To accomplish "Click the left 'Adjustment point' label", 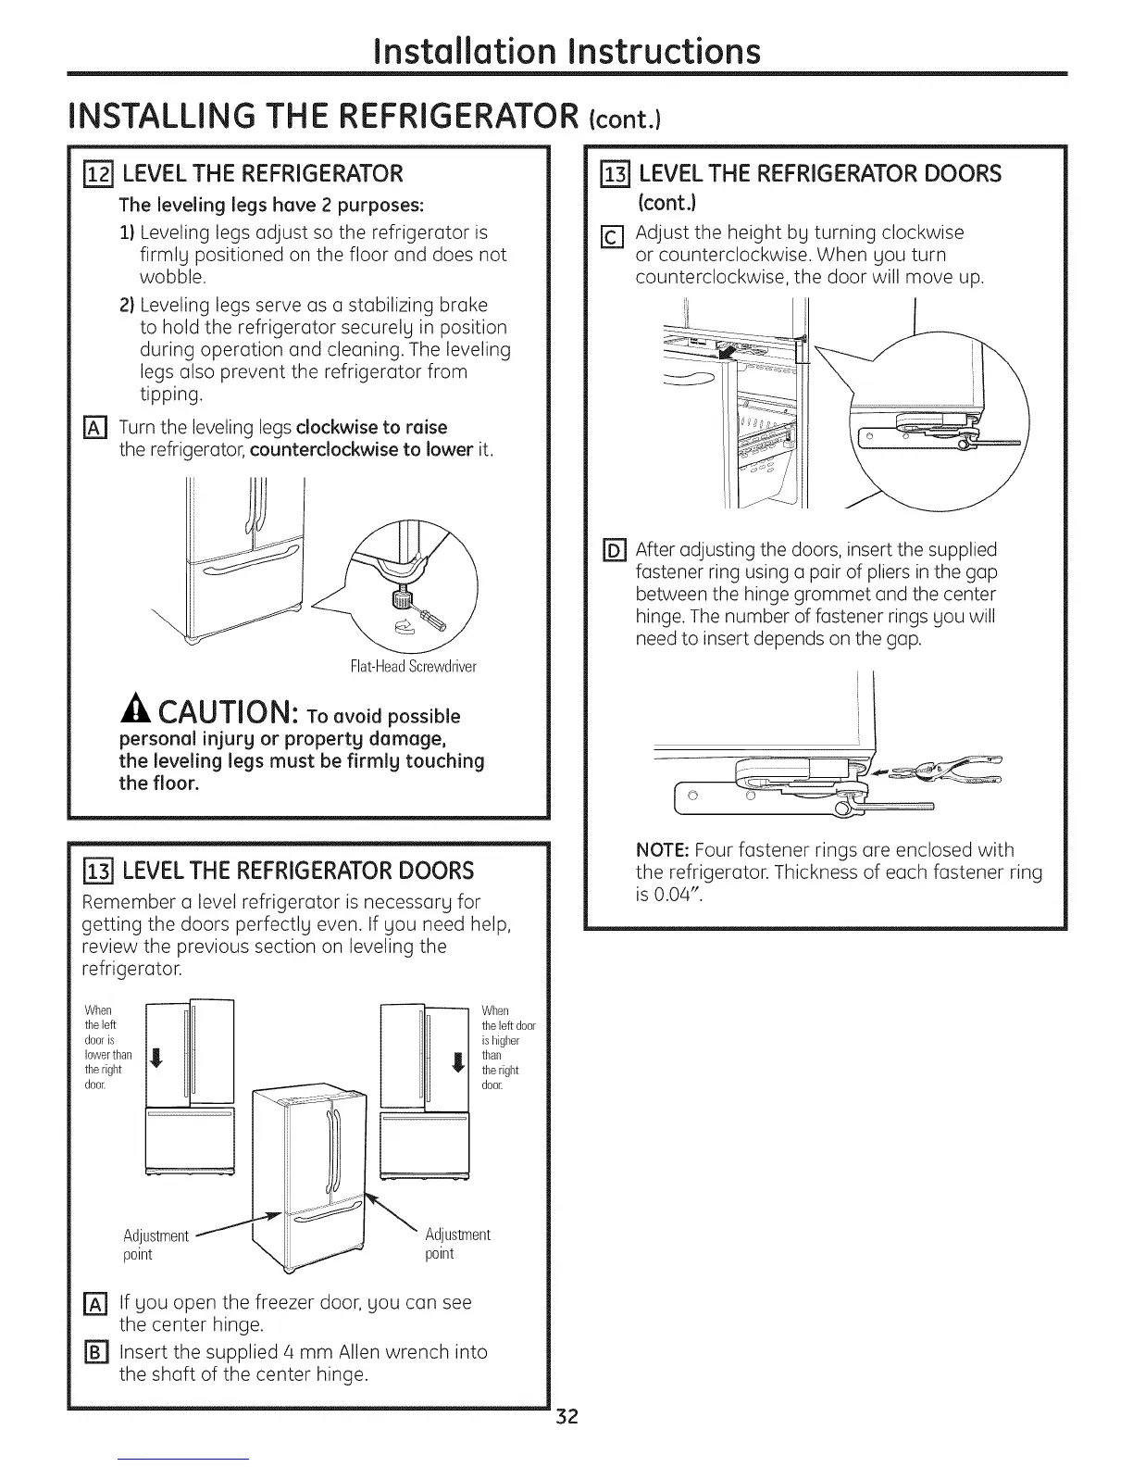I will [155, 1245].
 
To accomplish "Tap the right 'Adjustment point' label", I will [456, 1244].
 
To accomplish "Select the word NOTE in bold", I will [661, 850].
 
